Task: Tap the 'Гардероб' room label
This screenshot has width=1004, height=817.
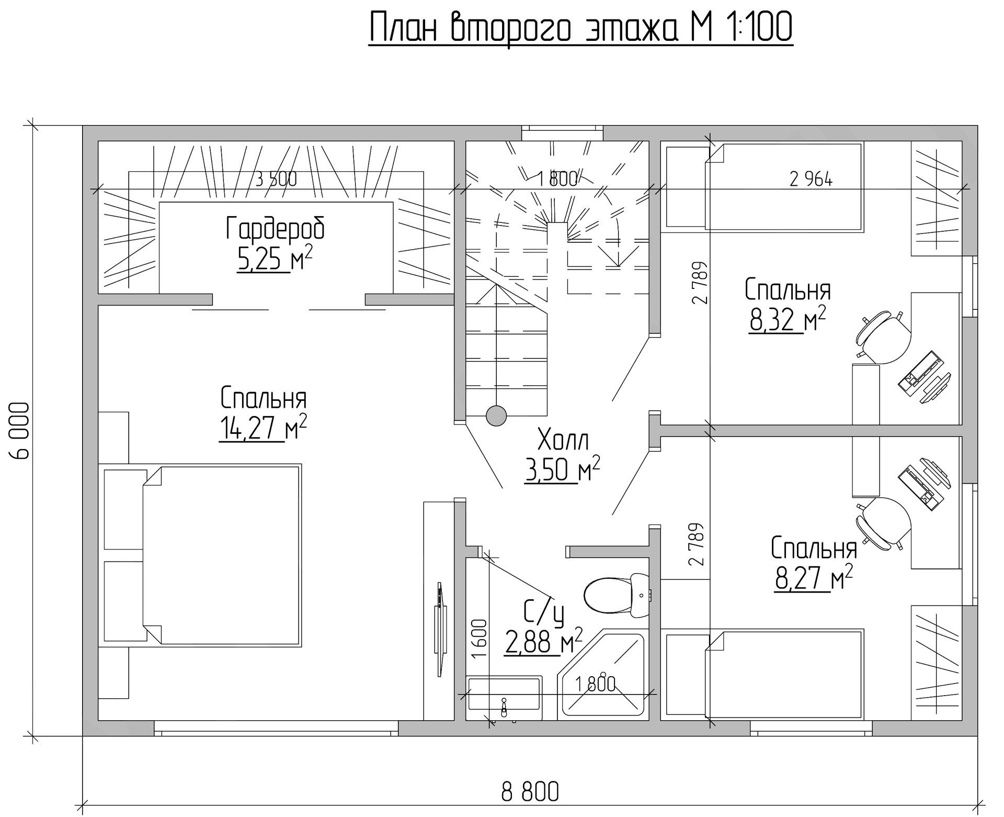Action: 275,228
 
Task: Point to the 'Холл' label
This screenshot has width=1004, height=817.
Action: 563,440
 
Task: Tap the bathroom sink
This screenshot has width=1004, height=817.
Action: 504,697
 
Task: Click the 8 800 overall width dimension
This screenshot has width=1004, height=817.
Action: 530,792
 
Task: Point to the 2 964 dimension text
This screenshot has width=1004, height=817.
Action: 811,180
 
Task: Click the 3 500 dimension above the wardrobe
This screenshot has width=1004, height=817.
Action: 276,179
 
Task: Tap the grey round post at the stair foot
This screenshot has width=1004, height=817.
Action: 496,416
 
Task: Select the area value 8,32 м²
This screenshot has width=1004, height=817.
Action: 788,320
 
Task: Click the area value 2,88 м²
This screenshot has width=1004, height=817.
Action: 543,642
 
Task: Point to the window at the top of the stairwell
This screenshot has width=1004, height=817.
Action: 562,133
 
